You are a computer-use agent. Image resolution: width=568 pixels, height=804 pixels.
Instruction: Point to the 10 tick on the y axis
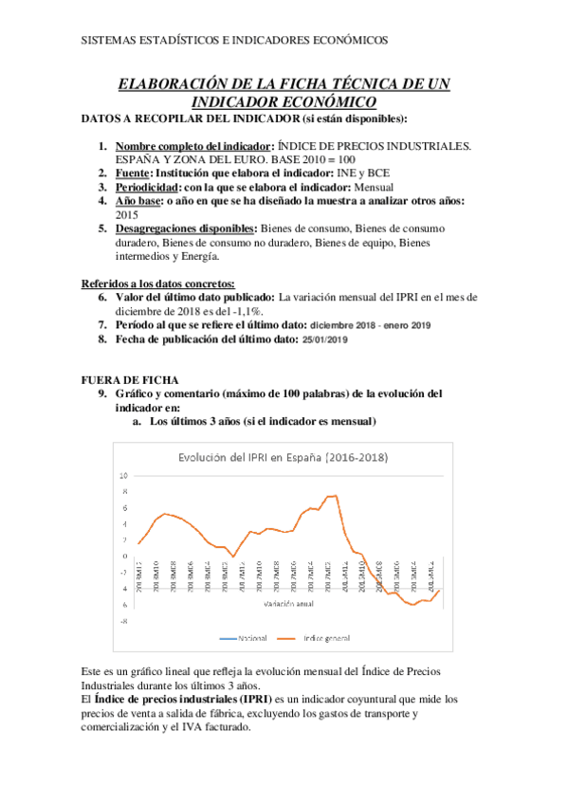pyautogui.click(x=123, y=475)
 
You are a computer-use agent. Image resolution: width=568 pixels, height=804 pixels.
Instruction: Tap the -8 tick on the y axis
pyautogui.click(x=123, y=621)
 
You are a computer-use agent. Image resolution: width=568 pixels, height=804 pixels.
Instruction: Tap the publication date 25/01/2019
pyautogui.click(x=325, y=339)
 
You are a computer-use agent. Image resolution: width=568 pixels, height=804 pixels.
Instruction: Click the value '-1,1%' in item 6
pyautogui.click(x=245, y=310)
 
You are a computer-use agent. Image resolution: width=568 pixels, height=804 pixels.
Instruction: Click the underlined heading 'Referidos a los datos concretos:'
pyautogui.click(x=158, y=283)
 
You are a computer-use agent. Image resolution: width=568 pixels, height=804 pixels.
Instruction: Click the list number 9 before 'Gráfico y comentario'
pyautogui.click(x=103, y=393)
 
